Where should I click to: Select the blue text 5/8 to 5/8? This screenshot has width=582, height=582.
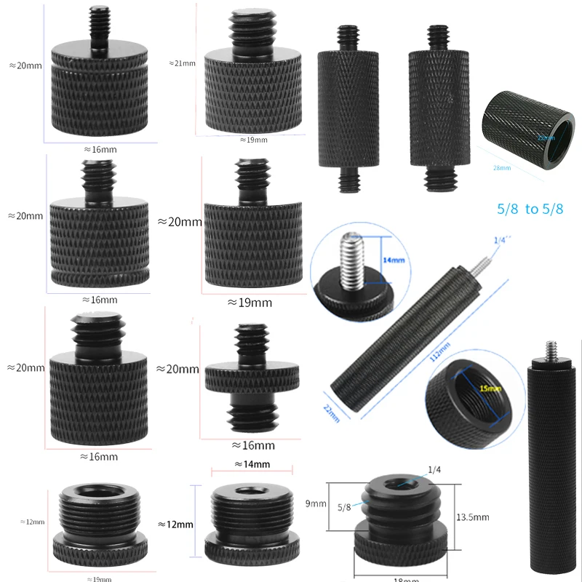click(530, 209)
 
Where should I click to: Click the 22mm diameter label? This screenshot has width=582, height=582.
click(331, 412)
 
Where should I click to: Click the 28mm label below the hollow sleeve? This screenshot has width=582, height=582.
click(502, 168)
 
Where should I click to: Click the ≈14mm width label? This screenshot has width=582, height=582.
click(252, 464)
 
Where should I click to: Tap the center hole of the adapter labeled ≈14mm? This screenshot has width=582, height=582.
click(250, 490)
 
